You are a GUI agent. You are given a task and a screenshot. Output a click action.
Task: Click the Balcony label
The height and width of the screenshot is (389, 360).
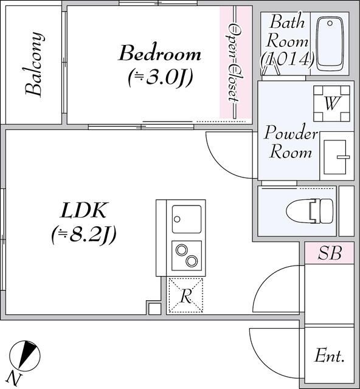coord(35,64)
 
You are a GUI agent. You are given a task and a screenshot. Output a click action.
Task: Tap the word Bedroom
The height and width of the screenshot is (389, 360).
coord(160,53)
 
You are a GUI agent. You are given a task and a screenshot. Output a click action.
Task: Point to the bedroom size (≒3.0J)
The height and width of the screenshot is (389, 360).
coord(161,77)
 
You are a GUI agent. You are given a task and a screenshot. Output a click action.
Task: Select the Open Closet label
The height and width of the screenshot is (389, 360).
coord(234,63)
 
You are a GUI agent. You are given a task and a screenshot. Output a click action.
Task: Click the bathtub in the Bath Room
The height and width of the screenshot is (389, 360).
coord(330,44)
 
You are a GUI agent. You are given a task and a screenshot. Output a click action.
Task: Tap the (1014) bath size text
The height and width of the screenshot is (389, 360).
coord(288,59)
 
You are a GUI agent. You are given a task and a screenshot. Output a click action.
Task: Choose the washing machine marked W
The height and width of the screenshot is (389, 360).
coord(331,103)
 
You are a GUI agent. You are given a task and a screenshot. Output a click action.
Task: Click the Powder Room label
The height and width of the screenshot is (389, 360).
coord(291,142)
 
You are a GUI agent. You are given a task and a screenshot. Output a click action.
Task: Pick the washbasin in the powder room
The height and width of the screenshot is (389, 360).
coord(337,157)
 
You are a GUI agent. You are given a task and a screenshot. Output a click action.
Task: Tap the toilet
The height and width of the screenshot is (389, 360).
coord(310,211)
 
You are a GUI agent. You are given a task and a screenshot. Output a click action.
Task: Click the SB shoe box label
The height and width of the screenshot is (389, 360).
coord(330,253)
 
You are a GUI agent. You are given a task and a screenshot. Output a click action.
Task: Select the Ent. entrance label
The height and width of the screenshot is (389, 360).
coord(330,356)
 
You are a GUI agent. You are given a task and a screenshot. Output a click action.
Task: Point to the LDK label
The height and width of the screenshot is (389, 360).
coord(84,210)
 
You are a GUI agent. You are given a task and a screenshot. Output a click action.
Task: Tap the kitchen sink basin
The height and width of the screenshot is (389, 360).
coord(187,219)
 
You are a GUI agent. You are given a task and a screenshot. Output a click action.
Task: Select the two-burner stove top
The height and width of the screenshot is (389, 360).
coord(187,255)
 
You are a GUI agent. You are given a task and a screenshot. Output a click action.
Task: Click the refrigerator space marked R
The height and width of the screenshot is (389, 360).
coord(186,295)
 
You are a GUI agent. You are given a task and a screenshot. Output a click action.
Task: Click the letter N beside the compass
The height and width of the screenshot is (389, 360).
coord(14,379)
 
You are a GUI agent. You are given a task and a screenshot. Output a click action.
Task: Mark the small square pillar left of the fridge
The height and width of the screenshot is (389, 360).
coord(154,308)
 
